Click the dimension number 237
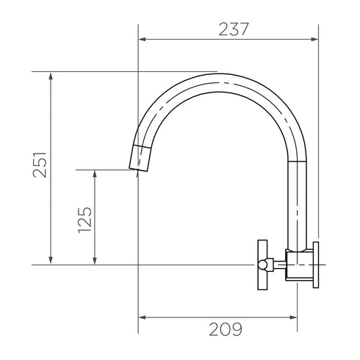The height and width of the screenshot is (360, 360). click(234, 29)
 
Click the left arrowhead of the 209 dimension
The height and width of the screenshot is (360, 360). click(143, 317)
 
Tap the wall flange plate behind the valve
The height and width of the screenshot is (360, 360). click(315, 264)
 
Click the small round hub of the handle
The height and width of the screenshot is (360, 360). click(270, 264)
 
